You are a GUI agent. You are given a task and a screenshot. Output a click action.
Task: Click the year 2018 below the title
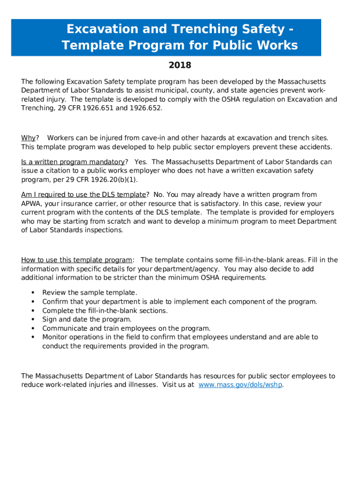click(x=180, y=65)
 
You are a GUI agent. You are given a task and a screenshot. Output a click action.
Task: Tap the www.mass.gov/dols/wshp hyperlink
click(x=240, y=385)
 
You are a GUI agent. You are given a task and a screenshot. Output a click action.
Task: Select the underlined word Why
click(x=28, y=138)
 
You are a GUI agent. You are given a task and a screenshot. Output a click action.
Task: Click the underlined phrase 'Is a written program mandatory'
click(x=73, y=162)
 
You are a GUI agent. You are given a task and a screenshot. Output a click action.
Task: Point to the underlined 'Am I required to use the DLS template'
click(x=84, y=195)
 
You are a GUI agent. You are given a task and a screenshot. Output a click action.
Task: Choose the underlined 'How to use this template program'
click(x=77, y=260)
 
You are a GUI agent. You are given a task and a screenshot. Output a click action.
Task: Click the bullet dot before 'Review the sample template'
click(x=33, y=292)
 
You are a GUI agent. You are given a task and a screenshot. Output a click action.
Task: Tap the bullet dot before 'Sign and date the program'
click(x=33, y=319)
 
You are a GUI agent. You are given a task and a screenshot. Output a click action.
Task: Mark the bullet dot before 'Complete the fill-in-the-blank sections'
click(x=33, y=310)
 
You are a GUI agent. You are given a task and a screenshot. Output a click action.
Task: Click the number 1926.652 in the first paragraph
click(x=146, y=108)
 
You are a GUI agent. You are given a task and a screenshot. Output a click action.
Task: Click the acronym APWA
click(x=31, y=203)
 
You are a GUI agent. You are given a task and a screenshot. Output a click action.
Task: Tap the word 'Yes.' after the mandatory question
click(x=141, y=162)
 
